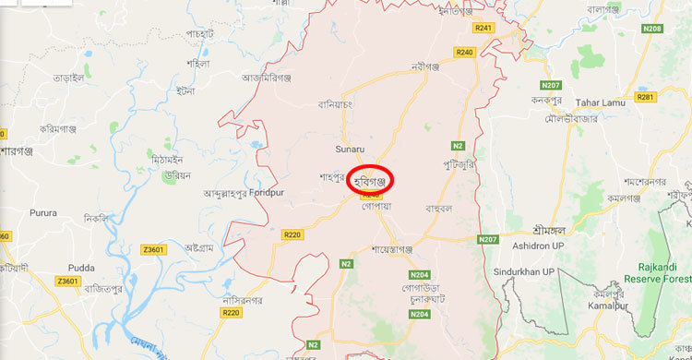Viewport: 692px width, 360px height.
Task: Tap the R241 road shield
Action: click(483, 29)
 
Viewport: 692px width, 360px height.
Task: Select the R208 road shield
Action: click(652, 29)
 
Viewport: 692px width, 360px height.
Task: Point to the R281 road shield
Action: click(645, 97)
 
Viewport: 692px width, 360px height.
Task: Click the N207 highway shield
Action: click(488, 240)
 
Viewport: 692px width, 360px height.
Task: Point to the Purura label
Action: click(42, 213)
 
